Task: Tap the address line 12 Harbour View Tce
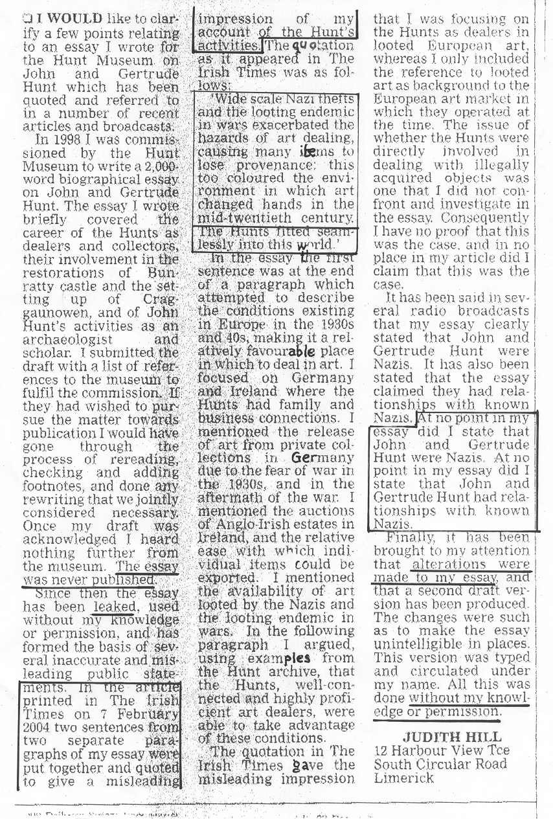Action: tap(442, 750)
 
